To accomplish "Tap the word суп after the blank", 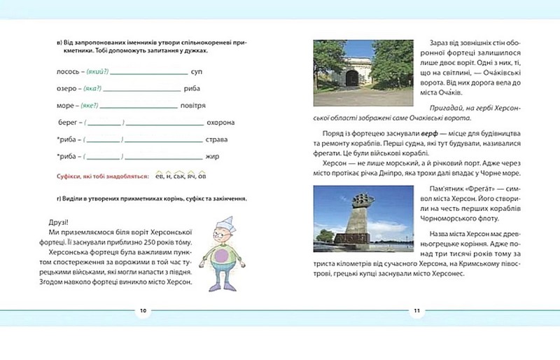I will click(197, 72).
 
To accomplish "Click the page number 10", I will click(142, 310).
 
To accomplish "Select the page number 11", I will click(416, 310).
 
